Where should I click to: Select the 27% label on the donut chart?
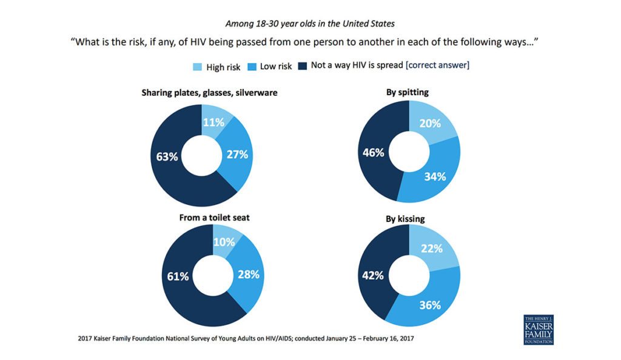[x=237, y=154]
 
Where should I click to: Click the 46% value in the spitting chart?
[x=373, y=152]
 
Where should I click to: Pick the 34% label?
[x=435, y=176]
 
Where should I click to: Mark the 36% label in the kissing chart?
[x=430, y=305]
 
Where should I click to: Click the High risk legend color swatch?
[x=196, y=67]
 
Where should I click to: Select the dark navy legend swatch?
[x=303, y=66]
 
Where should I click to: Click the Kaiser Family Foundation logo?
[x=538, y=330]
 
